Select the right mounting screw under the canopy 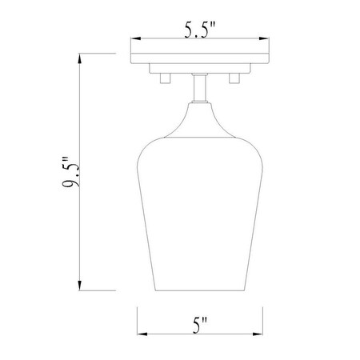click(x=234, y=78)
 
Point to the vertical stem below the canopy click(x=198, y=86)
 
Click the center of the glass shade click(x=198, y=208)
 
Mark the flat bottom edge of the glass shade click(x=198, y=292)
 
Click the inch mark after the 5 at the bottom click(x=206, y=322)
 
